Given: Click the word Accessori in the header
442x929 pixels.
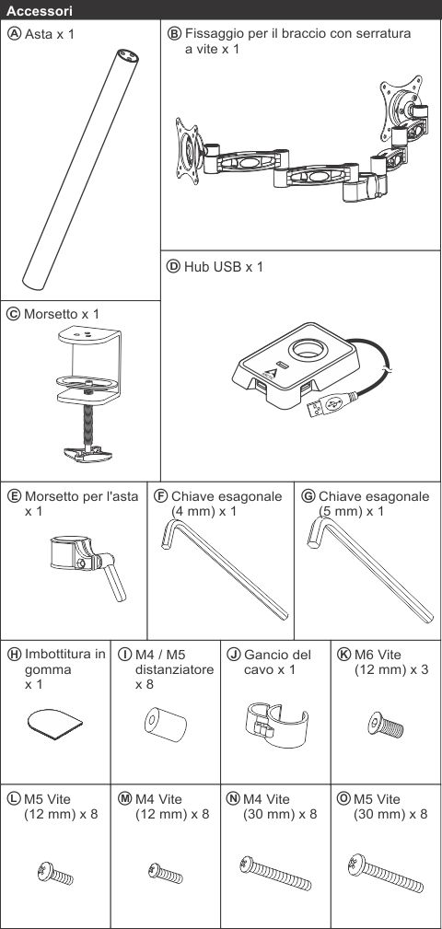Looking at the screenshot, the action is point(41,11).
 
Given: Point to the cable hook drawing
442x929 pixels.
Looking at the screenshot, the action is point(275,723).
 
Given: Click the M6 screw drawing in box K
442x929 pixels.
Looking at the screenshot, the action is point(385,725).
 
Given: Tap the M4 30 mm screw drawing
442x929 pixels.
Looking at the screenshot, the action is point(275,874).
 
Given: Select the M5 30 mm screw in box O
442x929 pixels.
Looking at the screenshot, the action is point(387,874).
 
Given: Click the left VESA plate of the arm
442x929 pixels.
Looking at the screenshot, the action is point(189,150).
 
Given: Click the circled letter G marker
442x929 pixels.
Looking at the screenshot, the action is point(308,496).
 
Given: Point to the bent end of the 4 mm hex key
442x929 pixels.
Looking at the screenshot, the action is point(169,532).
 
